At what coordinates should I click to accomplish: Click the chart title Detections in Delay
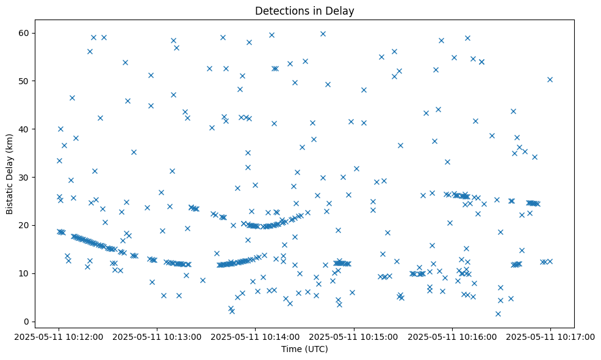304,10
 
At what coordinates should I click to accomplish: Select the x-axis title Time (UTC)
304,349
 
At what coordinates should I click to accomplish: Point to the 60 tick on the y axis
28,33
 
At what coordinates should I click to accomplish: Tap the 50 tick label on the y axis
28,81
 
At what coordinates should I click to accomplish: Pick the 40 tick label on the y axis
28,129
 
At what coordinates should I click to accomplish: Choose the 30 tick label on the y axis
28,178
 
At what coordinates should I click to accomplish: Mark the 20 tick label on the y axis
28,225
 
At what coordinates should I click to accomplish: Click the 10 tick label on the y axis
28,273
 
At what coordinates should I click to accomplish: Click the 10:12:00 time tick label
59,336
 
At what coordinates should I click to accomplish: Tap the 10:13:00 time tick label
157,336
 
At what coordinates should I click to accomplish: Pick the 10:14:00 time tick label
256,336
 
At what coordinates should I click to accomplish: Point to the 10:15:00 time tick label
354,336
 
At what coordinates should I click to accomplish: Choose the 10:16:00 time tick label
452,336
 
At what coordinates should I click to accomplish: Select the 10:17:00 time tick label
550,336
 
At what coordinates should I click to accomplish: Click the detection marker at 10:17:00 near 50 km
550,79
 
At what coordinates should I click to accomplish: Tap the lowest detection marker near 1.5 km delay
498,314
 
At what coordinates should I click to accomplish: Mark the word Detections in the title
280,10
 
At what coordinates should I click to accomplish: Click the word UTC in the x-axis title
318,349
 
